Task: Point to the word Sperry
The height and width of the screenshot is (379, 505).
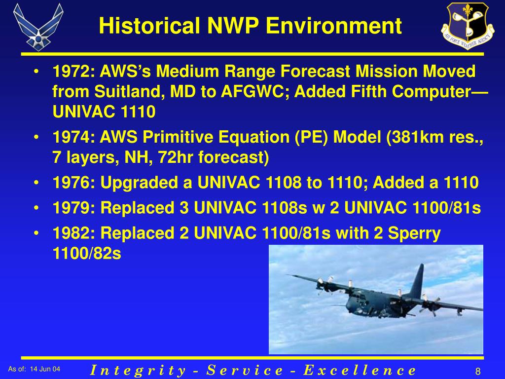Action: (x=414, y=233)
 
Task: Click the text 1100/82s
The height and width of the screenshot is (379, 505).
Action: (x=86, y=254)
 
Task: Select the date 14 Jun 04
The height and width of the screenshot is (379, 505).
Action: (x=45, y=369)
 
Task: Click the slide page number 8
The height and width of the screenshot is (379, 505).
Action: (x=478, y=371)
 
